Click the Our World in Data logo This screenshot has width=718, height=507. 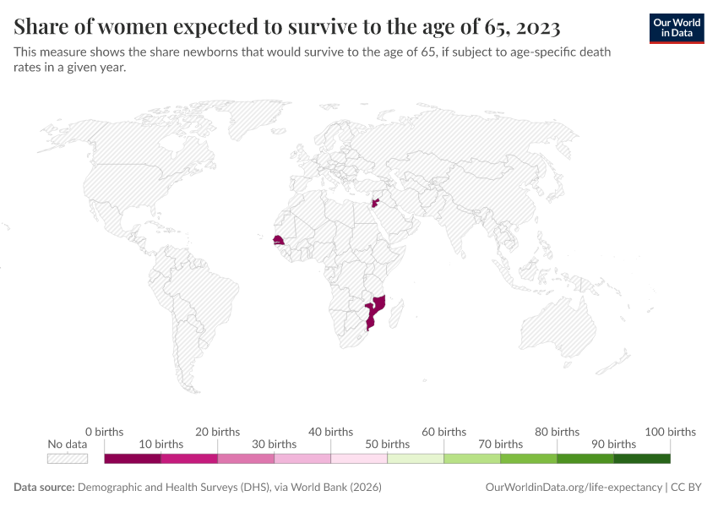click(x=677, y=28)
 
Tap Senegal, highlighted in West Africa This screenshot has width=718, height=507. click(x=279, y=242)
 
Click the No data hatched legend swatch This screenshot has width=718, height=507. click(x=68, y=459)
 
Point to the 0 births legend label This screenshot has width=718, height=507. click(x=105, y=432)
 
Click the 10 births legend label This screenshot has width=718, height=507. click(x=160, y=444)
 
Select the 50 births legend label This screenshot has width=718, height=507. click(x=388, y=444)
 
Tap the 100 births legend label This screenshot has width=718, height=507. click(x=670, y=432)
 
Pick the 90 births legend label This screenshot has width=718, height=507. click(x=614, y=444)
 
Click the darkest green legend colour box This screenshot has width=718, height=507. click(x=642, y=459)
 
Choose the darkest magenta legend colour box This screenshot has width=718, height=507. click(x=133, y=459)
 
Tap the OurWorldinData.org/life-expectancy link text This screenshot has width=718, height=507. click(x=574, y=488)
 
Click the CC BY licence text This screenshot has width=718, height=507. click(x=688, y=488)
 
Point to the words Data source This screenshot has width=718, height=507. click(x=44, y=488)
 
